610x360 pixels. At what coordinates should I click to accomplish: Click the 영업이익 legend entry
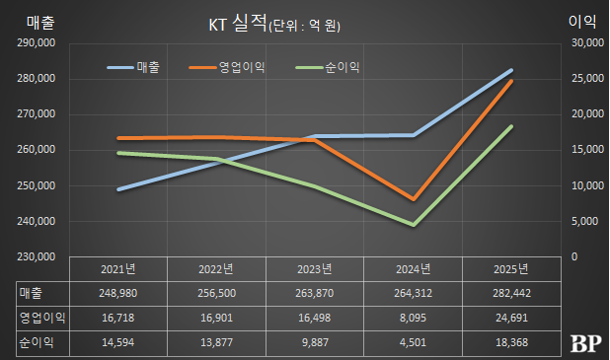coord(243,67)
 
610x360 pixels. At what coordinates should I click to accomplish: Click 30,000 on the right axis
coord(587,43)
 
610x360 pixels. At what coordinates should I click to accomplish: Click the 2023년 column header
coord(316,269)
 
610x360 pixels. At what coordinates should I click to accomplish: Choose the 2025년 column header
coord(510,269)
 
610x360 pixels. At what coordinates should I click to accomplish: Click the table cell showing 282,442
coord(510,293)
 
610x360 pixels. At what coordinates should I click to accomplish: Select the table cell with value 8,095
coord(413,318)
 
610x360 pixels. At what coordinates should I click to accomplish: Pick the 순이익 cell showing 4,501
coord(413,342)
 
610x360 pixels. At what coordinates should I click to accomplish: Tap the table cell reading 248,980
coord(119,293)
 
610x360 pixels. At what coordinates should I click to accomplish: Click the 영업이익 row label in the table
coord(38,318)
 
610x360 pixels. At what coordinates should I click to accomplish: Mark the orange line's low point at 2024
coord(414,199)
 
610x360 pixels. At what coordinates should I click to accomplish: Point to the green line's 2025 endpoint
coord(511,126)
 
